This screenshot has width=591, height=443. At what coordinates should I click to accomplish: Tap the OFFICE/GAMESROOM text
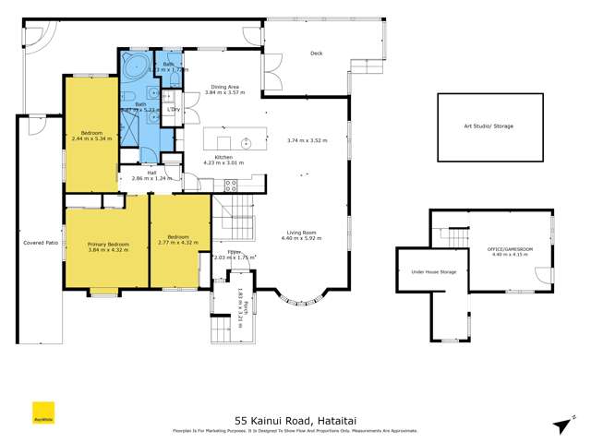(x=507, y=249)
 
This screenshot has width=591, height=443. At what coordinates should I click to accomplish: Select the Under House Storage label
(x=434, y=272)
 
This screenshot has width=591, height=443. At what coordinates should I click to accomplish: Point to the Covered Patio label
(x=41, y=243)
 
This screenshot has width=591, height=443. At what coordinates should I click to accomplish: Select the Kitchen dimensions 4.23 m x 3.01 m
(x=223, y=163)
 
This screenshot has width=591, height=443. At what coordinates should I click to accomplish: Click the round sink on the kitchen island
(x=247, y=143)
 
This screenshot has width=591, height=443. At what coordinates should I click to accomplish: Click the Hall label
(x=151, y=171)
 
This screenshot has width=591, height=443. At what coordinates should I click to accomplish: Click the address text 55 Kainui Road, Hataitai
(x=295, y=417)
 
